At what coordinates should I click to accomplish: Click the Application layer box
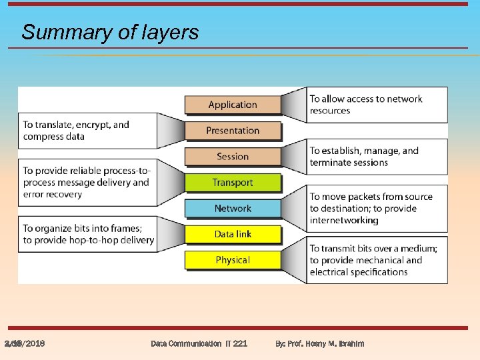click(233, 105)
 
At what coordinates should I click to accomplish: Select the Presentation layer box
click(233, 131)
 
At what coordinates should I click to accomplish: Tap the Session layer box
click(233, 157)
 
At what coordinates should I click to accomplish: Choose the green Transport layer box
click(233, 183)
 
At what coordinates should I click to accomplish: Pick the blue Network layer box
click(233, 209)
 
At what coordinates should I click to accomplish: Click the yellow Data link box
click(233, 234)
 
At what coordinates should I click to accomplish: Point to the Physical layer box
click(233, 260)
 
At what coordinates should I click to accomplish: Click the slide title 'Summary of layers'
click(110, 32)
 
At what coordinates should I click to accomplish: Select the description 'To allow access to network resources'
click(366, 105)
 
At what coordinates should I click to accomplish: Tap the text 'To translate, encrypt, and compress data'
click(76, 131)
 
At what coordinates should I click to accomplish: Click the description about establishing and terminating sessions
click(364, 157)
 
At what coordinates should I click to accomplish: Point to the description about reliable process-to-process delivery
click(86, 183)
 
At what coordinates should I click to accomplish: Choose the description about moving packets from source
click(371, 209)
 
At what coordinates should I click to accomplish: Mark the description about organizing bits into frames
click(88, 234)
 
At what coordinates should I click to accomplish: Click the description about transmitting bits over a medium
click(373, 260)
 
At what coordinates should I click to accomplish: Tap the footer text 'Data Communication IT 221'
click(199, 343)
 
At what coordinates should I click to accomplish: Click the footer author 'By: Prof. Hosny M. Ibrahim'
click(320, 343)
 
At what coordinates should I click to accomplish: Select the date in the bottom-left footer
click(25, 343)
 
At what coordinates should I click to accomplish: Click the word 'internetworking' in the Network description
click(344, 221)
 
